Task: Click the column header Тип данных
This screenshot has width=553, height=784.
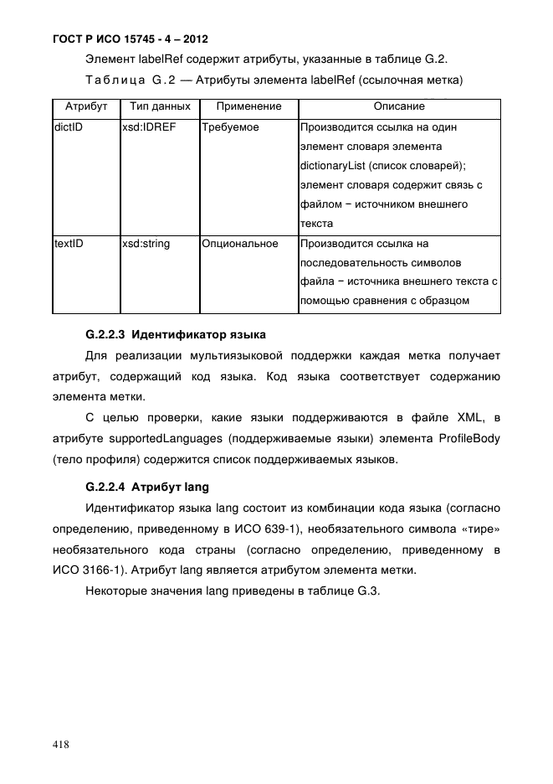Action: pos(159,107)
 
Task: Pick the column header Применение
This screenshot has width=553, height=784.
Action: pos(248,107)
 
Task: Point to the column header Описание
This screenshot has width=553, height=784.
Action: pos(398,107)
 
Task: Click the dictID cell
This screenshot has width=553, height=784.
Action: pos(68,127)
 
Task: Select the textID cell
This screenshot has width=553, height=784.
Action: pos(69,244)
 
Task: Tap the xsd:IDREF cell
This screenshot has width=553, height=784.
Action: pos(148,127)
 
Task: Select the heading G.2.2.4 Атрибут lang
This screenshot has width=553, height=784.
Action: pos(147,487)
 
